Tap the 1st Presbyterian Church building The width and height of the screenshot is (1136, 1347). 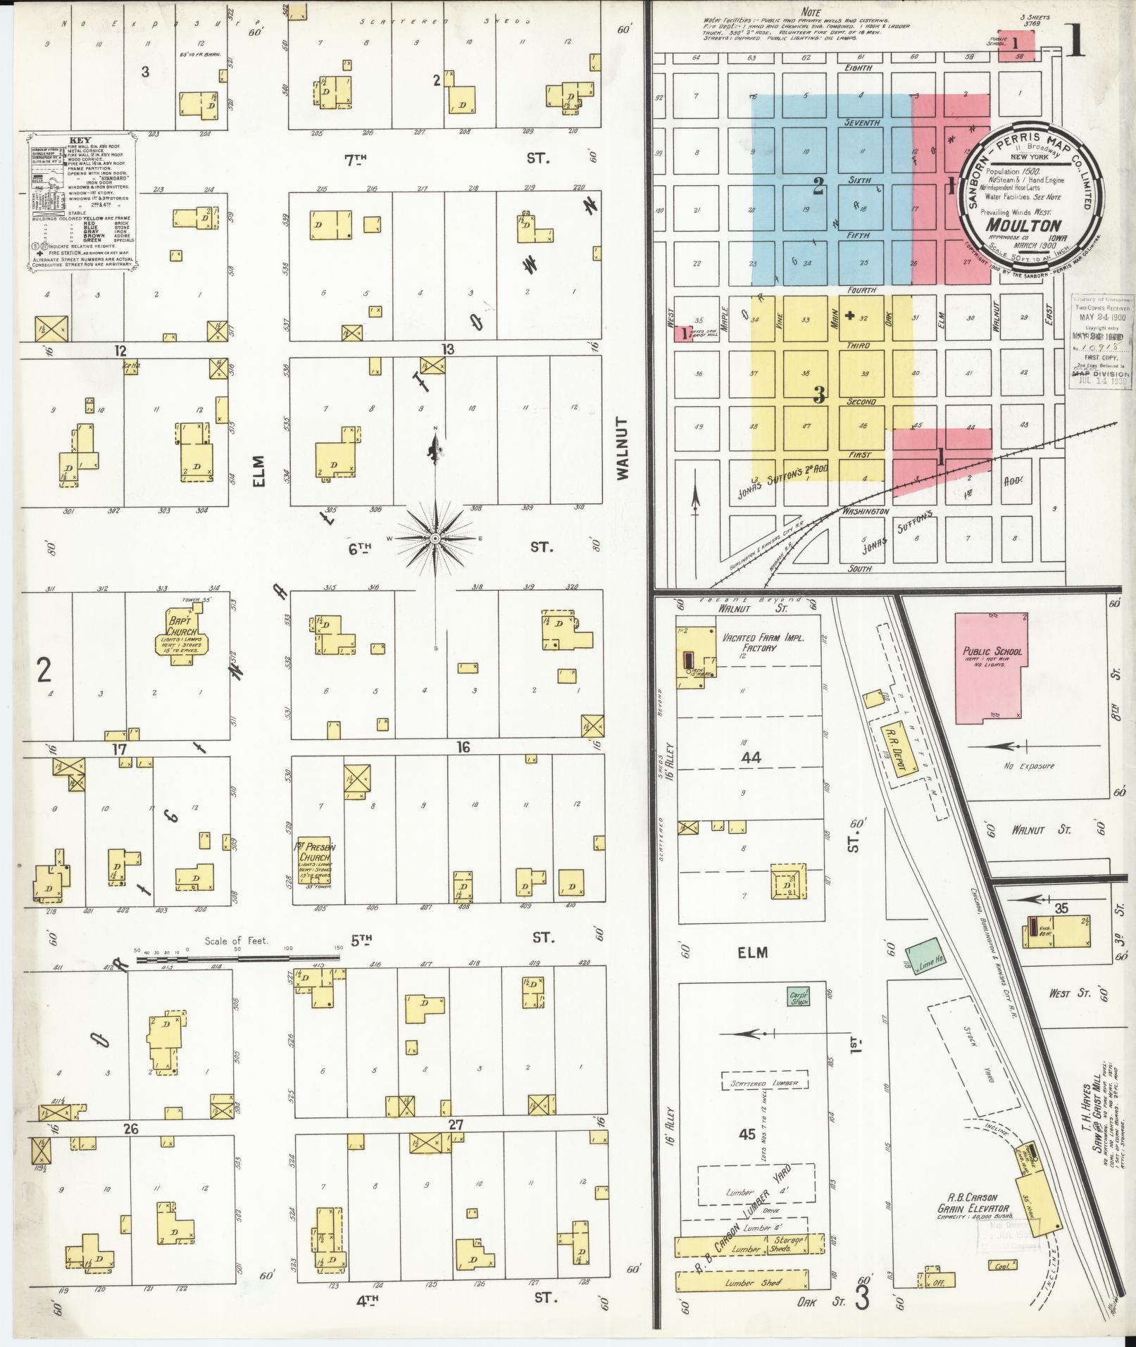coord(315,862)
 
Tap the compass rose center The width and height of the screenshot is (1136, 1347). coord(435,539)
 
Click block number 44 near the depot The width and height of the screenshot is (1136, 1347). coord(751,758)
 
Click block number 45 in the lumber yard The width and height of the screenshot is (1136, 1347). coord(747,1135)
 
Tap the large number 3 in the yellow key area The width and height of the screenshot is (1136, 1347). coord(819,395)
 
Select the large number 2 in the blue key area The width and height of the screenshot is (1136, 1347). coord(818,186)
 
